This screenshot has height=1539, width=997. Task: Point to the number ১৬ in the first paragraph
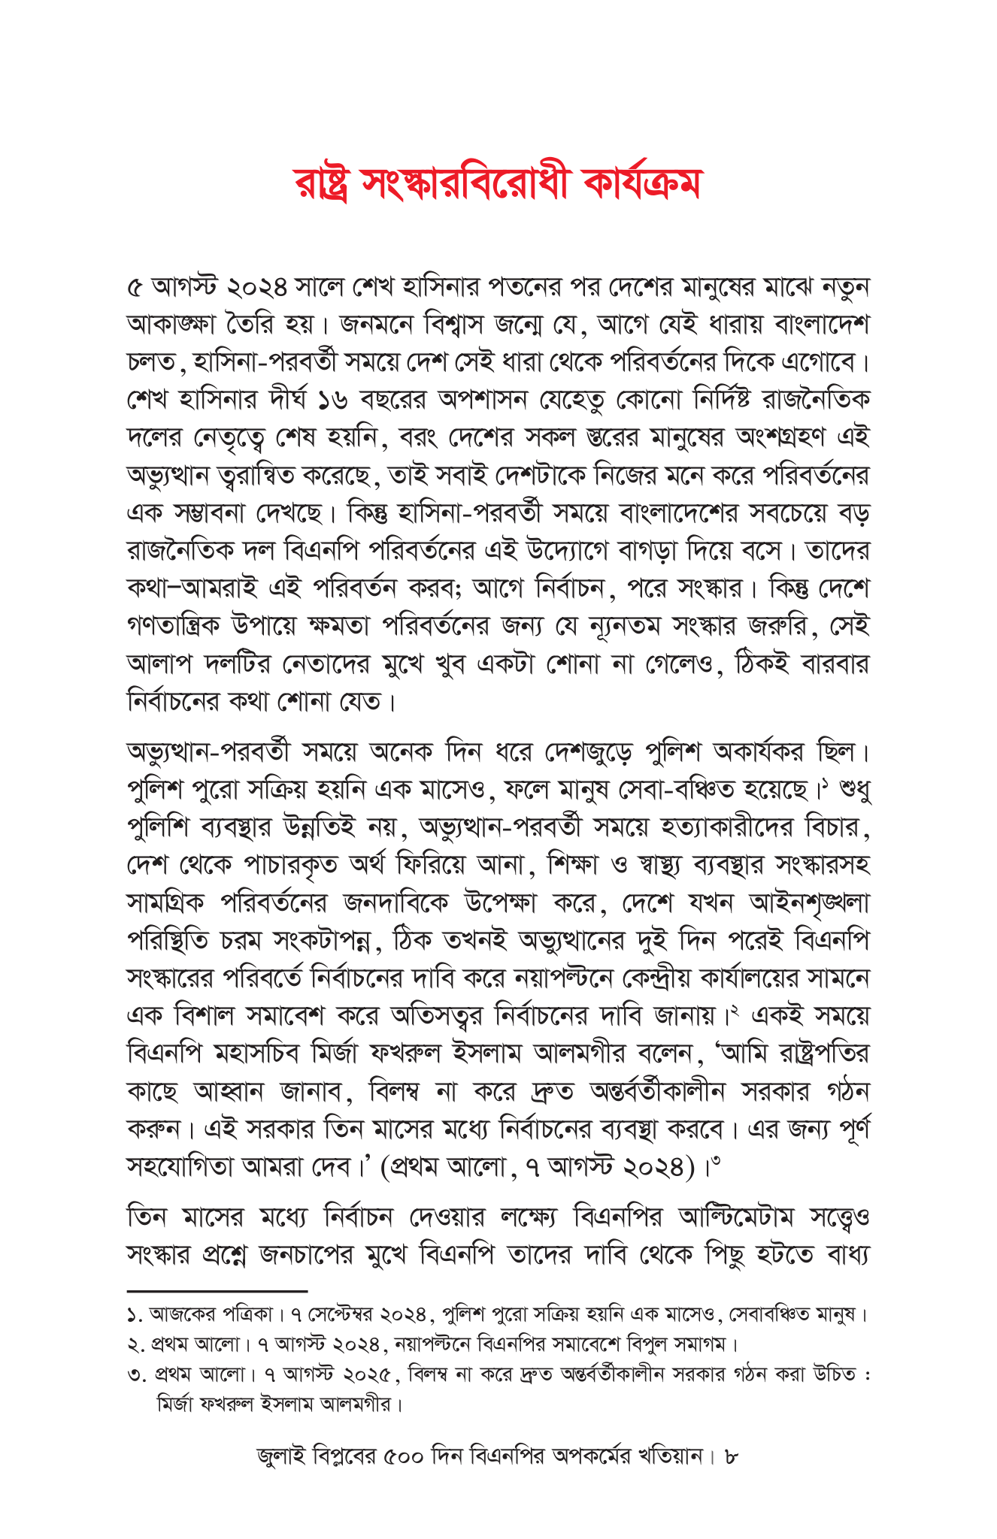329,399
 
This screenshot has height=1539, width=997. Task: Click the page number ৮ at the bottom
732,1456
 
